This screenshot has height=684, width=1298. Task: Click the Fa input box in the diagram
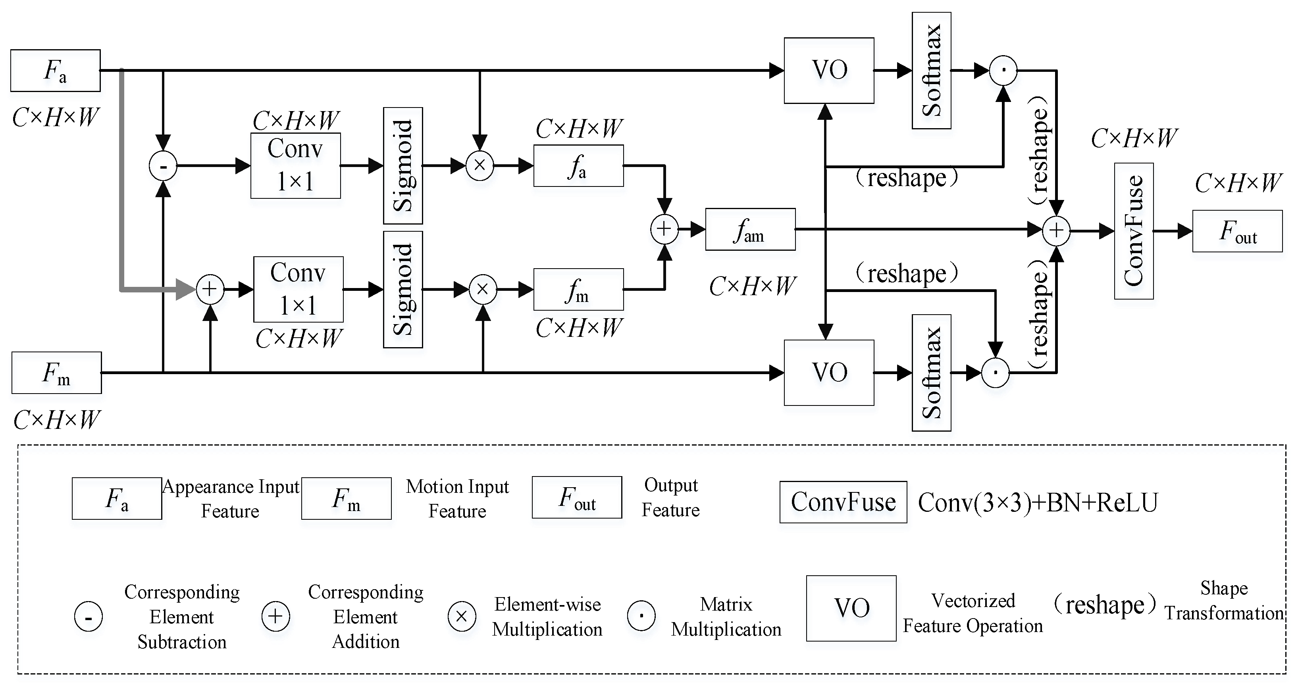pos(56,71)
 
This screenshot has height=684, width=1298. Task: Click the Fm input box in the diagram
pos(56,373)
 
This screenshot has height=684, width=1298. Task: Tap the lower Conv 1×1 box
pos(298,290)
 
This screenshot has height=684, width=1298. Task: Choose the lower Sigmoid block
pos(402,290)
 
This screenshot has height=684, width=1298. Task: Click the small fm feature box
pos(578,290)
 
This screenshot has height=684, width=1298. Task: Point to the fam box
pos(750,230)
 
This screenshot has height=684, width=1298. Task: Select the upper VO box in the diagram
pos(829,71)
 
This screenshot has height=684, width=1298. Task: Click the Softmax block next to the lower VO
pos(931,373)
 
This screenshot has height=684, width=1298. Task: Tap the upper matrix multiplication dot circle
pos(1003,71)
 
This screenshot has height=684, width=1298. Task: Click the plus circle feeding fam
pos(664,229)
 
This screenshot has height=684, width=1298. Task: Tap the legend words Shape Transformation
pos(1224,601)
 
